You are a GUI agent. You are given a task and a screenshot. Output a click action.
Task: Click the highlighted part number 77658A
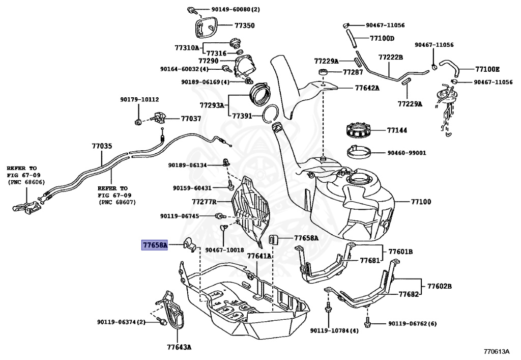155,245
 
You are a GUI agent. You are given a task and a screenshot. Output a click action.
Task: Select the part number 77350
244,25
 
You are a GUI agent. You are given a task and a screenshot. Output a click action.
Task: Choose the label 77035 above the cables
102,146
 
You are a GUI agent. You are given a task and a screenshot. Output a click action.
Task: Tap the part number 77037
191,119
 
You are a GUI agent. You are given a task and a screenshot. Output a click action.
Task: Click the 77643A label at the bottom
179,347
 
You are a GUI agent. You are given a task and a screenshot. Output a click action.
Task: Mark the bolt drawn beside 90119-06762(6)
367,322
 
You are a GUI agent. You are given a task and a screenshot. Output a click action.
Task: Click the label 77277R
204,201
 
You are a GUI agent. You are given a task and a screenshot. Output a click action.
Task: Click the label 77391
243,116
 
